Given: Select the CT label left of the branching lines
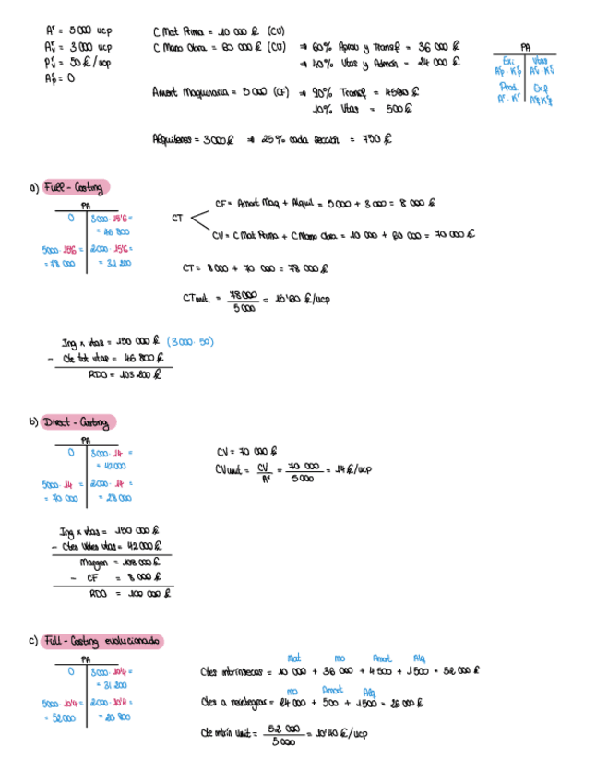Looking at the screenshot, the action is [178, 219].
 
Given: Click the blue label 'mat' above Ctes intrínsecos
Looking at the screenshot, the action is [294, 658].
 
